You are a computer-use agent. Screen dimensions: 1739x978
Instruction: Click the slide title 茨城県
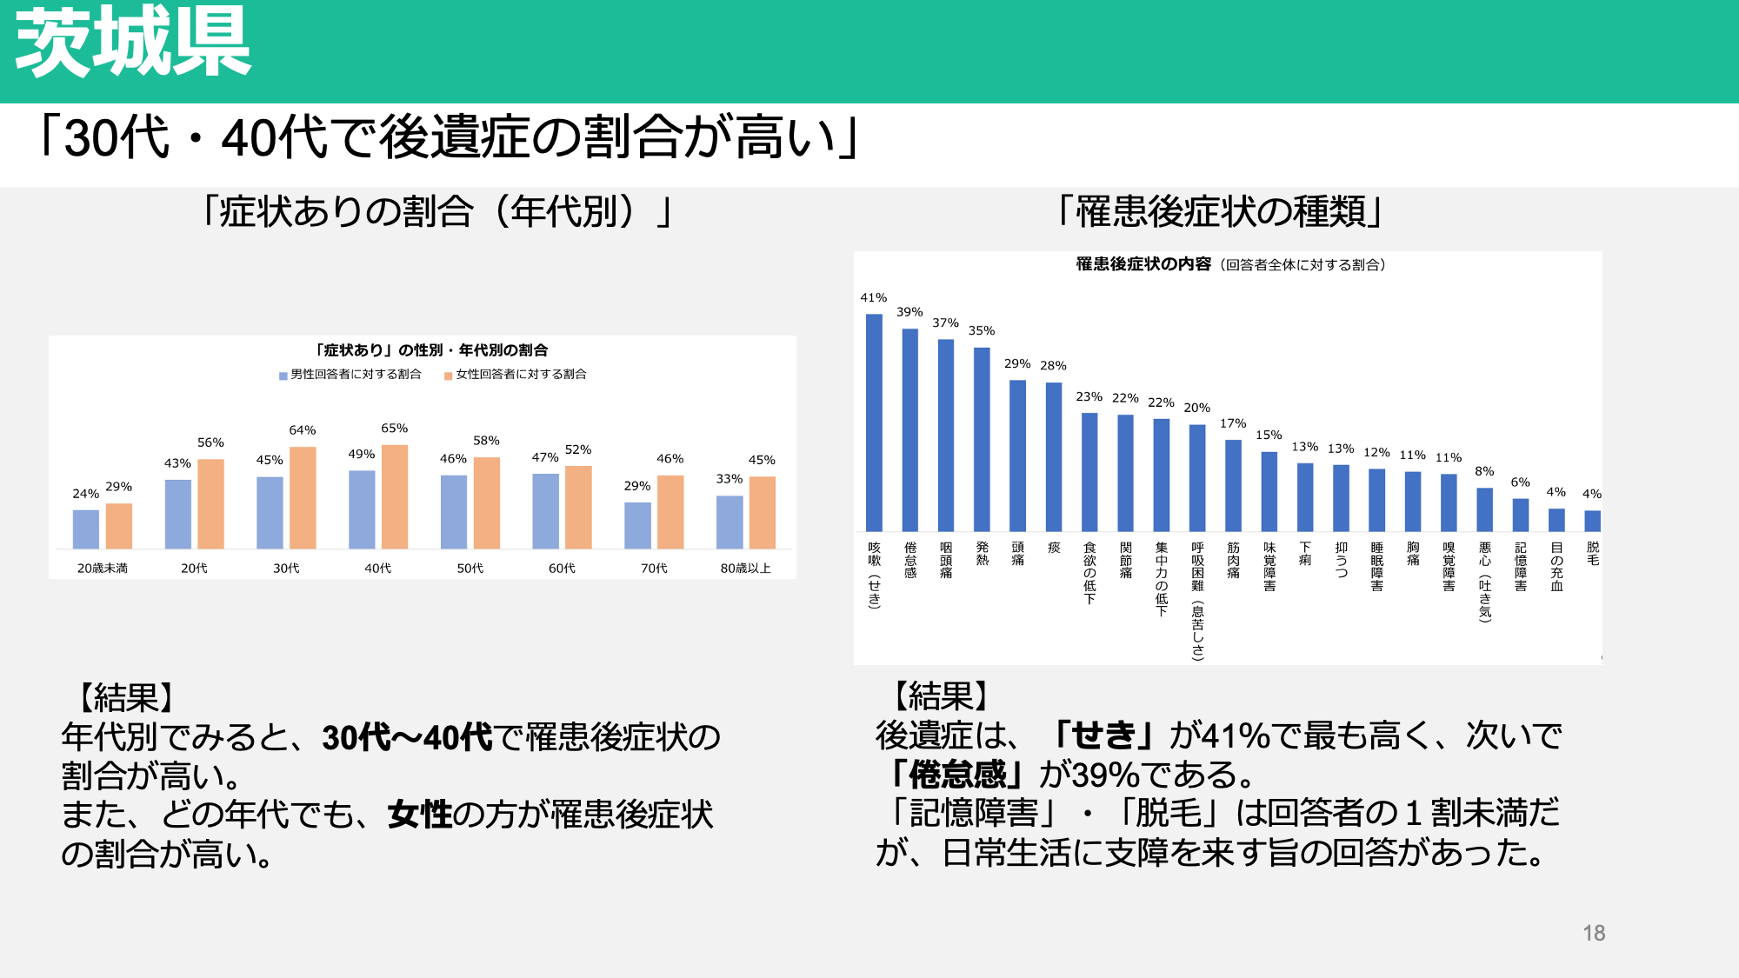click(133, 42)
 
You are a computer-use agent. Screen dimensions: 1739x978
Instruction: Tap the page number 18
click(1594, 933)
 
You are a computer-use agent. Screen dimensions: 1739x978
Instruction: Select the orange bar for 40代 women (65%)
click(395, 496)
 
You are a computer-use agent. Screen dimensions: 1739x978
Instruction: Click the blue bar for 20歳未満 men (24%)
click(86, 529)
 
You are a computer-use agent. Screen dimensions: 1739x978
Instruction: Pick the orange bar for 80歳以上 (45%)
click(763, 513)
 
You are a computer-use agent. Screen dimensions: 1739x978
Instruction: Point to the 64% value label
click(303, 430)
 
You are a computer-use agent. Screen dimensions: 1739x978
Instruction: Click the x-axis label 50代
click(470, 569)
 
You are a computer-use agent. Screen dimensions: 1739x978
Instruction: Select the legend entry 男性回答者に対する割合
click(350, 375)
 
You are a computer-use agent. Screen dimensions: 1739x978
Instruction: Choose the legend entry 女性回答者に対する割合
click(516, 375)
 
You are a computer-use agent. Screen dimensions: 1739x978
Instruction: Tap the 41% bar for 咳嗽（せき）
click(874, 422)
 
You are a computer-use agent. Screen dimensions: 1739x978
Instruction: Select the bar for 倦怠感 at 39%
click(910, 430)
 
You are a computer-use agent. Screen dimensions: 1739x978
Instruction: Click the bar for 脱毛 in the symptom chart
click(1592, 521)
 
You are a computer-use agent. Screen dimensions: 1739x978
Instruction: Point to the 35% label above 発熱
click(982, 330)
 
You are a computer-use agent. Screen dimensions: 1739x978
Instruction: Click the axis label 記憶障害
click(1521, 567)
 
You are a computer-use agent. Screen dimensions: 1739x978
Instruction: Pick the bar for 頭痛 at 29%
click(1017, 456)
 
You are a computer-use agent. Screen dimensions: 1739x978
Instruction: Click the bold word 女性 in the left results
click(420, 815)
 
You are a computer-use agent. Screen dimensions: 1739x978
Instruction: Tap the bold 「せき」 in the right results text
click(1104, 735)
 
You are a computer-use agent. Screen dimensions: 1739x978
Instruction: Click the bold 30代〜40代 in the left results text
click(407, 737)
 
